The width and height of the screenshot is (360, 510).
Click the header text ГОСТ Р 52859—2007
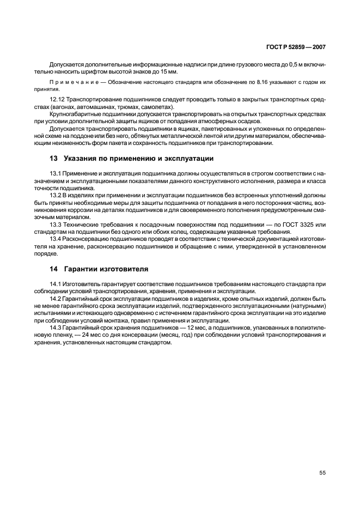pos(297,47)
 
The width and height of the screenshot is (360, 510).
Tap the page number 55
pos(322,473)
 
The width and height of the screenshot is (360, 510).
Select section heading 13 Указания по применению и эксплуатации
pos(131,159)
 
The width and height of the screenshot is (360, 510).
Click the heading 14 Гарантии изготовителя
pos(99,269)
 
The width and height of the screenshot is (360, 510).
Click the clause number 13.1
pos(56,174)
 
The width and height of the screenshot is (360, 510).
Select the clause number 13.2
pos(56,195)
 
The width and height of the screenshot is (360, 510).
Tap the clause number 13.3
pos(56,224)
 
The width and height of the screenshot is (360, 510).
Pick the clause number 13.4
pos(56,238)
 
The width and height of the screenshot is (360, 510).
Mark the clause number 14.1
pos(56,284)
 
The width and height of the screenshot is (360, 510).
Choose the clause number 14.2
pos(56,299)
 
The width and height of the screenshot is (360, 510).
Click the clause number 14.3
pos(56,327)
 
